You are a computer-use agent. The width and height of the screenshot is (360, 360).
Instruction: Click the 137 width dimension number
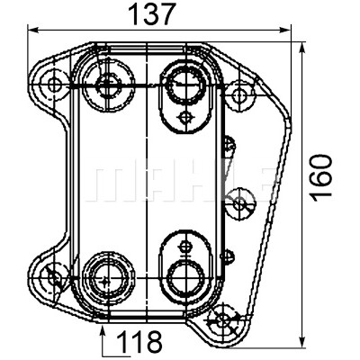tap(151, 14)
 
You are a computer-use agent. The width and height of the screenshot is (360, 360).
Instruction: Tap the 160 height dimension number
tap(321, 178)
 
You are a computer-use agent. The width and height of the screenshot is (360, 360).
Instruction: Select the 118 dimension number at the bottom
tap(139, 342)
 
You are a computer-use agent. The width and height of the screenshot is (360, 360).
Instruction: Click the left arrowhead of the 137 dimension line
tap(33, 30)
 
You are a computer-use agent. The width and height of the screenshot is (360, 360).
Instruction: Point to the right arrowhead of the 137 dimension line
tap(285, 30)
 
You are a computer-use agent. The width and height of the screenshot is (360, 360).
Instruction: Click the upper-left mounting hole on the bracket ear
tap(54, 85)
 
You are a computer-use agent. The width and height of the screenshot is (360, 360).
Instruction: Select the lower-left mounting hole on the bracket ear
tap(54, 276)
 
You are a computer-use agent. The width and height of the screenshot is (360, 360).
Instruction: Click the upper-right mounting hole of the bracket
tap(239, 95)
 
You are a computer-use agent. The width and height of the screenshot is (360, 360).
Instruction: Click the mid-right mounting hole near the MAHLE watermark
tap(240, 204)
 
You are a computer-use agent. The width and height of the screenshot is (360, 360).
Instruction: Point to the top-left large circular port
tap(107, 85)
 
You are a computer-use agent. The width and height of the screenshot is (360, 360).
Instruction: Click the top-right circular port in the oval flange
tap(187, 85)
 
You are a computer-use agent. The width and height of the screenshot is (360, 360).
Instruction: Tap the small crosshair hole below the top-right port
tap(184, 117)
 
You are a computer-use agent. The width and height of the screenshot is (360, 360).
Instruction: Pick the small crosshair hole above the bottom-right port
tap(184, 247)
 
